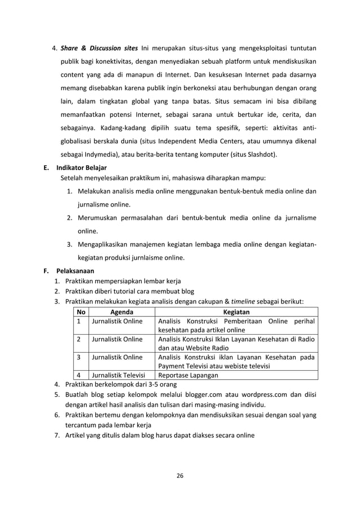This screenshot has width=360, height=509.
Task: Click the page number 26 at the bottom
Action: tap(179, 475)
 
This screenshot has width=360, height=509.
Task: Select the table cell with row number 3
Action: tap(80, 357)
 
